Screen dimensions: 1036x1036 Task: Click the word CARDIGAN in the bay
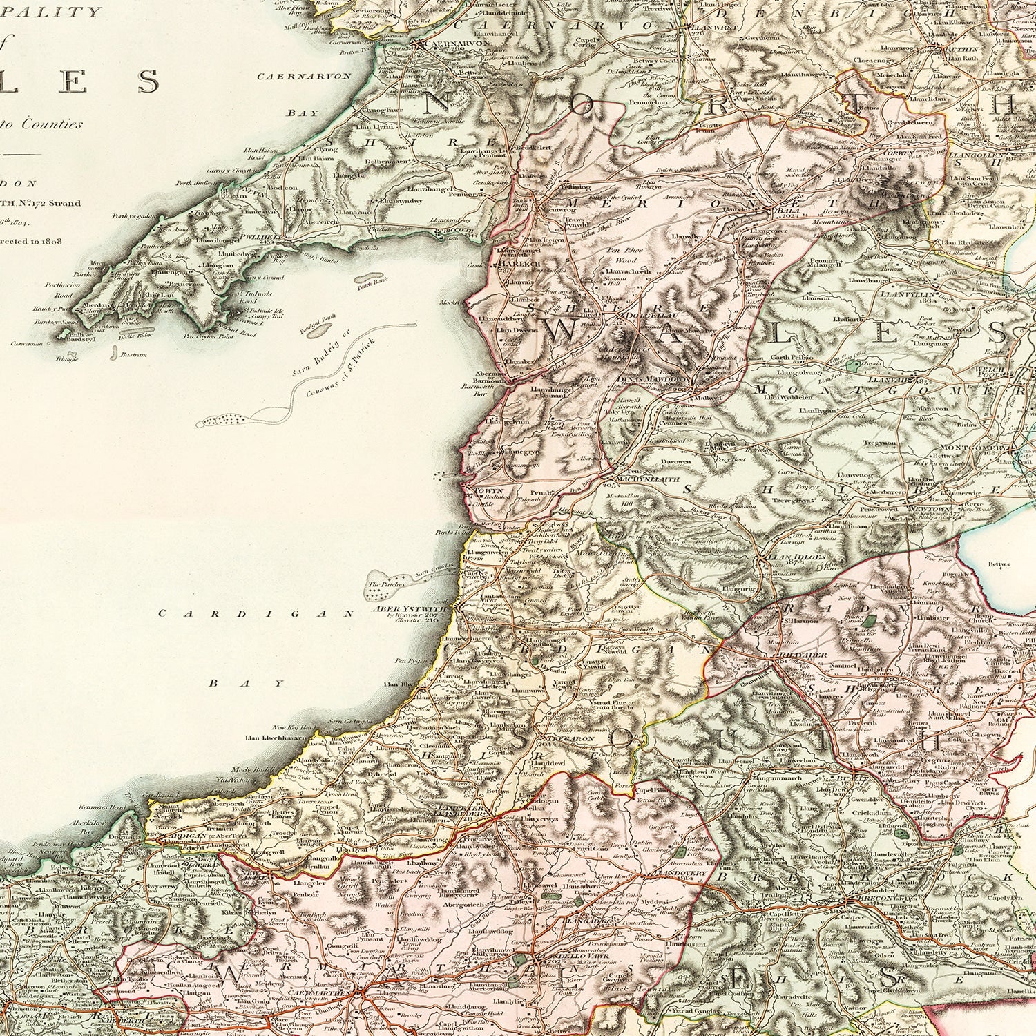pyautogui.click(x=257, y=613)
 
